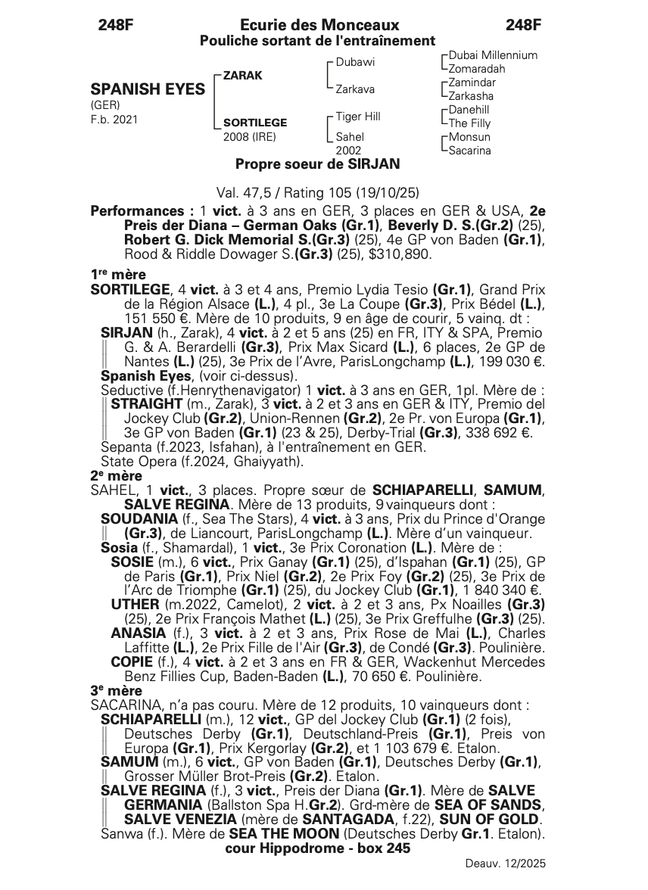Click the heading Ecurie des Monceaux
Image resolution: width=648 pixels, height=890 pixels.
click(319, 26)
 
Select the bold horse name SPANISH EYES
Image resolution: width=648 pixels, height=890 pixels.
click(148, 89)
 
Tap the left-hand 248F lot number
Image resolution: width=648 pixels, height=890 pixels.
click(116, 26)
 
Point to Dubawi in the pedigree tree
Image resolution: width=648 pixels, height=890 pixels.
click(355, 62)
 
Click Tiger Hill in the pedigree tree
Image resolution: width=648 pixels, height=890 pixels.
click(358, 117)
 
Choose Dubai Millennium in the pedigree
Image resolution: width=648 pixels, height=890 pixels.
click(493, 55)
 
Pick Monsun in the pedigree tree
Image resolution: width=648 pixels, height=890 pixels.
click(469, 137)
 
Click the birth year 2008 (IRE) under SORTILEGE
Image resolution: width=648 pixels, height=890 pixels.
click(250, 137)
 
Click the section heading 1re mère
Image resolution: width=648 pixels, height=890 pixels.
click(118, 275)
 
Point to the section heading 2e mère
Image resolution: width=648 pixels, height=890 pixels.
click(116, 476)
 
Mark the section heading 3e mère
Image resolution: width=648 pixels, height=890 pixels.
click(116, 691)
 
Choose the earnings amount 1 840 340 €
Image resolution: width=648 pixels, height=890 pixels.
click(502, 590)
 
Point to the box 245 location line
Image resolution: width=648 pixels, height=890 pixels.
click(318, 848)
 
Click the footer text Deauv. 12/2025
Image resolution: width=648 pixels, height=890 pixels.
click(505, 864)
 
